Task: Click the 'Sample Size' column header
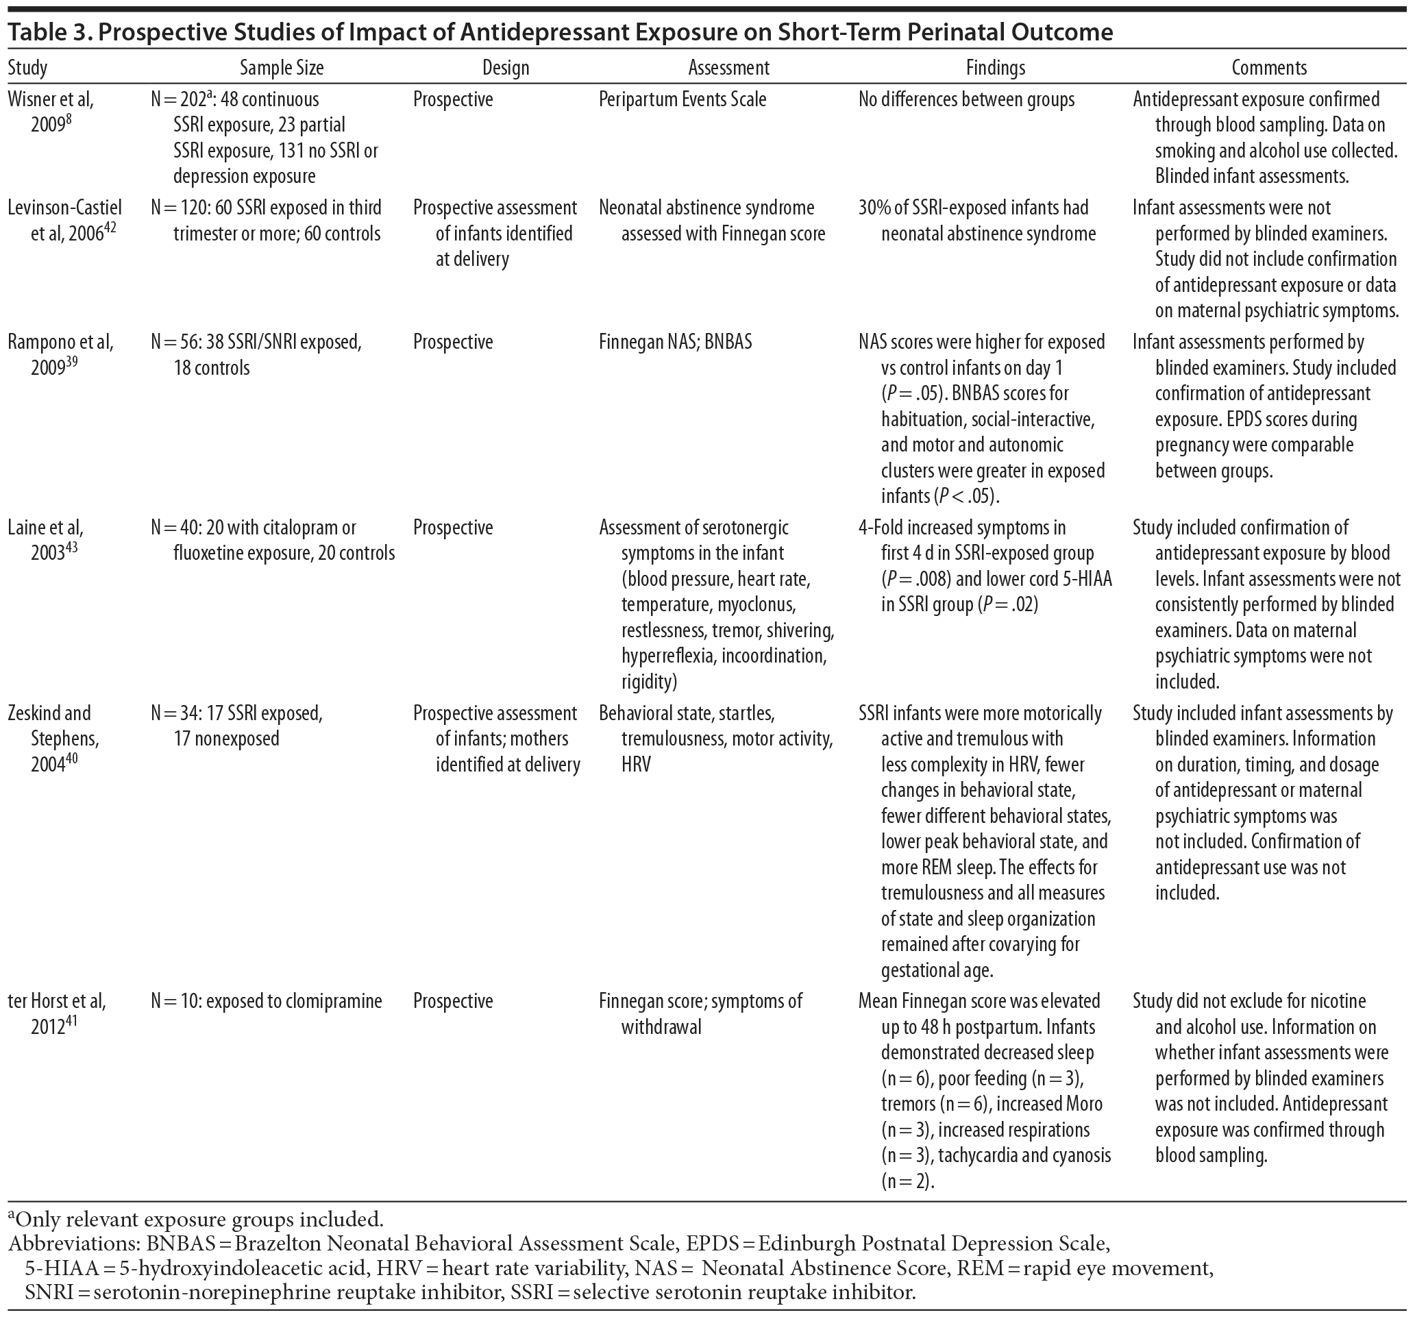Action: tap(281, 68)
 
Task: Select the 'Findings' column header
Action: tap(995, 68)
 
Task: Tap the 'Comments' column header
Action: tap(1269, 68)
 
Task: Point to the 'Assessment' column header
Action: tap(728, 68)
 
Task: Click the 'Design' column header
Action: tap(506, 68)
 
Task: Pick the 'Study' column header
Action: tap(28, 68)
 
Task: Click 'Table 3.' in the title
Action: tap(43, 32)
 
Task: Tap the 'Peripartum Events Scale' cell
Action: tap(682, 99)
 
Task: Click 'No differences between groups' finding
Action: tap(966, 99)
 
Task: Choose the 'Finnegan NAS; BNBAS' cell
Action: tap(675, 342)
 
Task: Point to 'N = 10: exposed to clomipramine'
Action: tap(266, 1001)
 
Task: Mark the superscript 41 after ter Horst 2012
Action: tap(71, 1022)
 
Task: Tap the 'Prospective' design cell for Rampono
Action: tap(453, 342)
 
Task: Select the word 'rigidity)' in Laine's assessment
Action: tap(648, 681)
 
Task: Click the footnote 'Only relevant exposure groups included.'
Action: tap(199, 1220)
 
